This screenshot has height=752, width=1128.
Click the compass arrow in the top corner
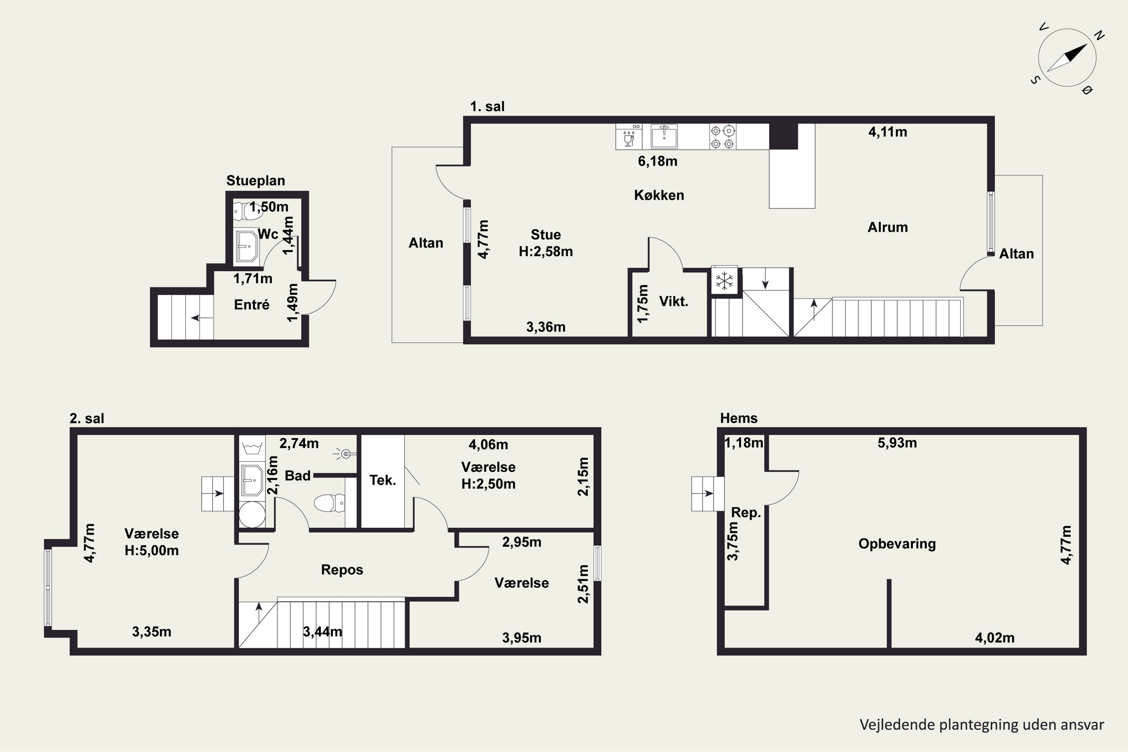point(1067,58)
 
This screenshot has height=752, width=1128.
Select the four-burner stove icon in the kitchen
point(722,137)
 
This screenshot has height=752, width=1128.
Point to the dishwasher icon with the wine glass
point(629,137)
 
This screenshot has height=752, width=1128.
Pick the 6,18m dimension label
point(658,161)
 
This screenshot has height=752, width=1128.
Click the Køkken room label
point(659,195)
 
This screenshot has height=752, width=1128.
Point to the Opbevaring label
point(897,544)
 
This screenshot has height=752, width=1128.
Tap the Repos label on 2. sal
point(342,570)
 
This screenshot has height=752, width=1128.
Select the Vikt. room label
point(674,301)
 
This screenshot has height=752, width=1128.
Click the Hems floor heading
point(738,418)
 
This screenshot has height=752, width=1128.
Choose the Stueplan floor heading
point(256,181)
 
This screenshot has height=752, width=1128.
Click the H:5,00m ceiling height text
point(152,550)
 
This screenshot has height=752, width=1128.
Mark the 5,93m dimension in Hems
point(897,443)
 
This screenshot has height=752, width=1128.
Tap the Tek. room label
point(382,480)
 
